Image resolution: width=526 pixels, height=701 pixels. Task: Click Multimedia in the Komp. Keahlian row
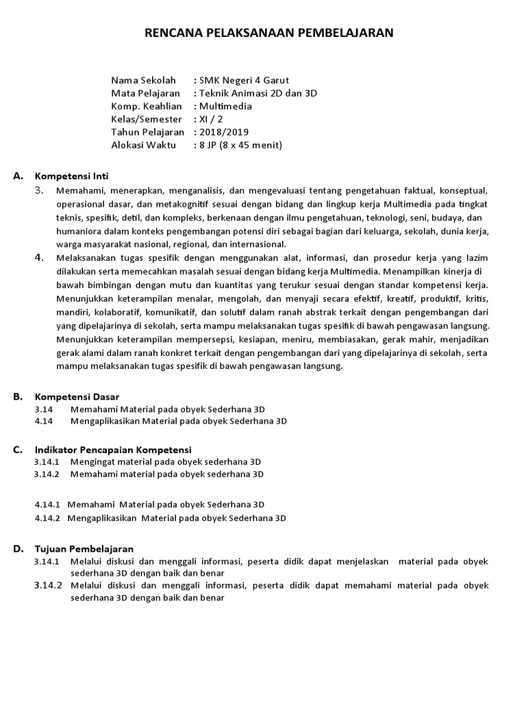pos(225,106)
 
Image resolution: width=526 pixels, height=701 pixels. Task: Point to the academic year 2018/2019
pos(224,132)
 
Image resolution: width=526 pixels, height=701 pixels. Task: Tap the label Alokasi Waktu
pos(143,145)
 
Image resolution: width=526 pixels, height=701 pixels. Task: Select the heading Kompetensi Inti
pos(72,176)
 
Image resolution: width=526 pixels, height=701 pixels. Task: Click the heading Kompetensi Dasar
pos(77,396)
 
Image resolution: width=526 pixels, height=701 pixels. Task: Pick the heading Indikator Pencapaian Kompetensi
pos(113,450)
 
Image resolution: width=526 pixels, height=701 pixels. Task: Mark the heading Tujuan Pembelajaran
pos(84,549)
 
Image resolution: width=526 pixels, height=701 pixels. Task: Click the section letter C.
pos(18,450)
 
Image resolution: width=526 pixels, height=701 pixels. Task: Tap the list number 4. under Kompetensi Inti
pos(40,257)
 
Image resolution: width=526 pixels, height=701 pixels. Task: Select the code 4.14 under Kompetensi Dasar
pos(44,422)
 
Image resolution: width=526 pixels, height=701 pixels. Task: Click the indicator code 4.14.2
pos(47,518)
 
